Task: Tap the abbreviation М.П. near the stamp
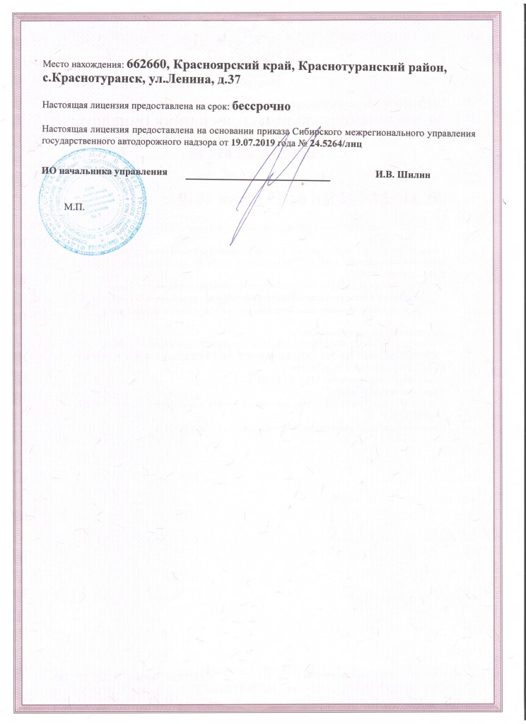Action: (x=74, y=206)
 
